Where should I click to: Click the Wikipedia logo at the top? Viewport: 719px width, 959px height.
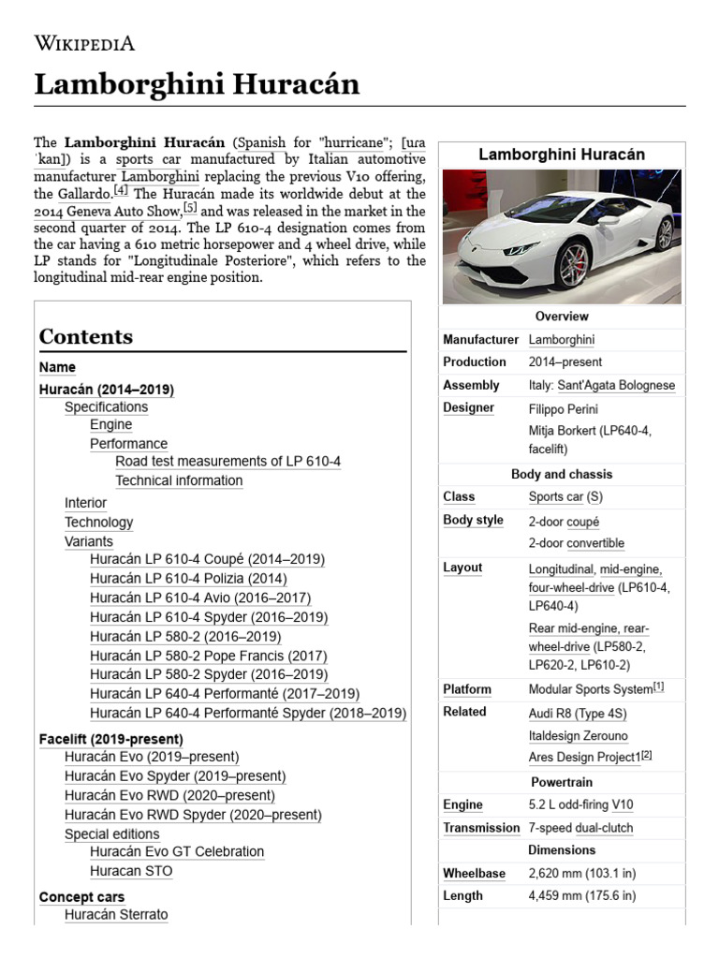(x=84, y=42)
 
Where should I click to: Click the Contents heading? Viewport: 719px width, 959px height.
(x=86, y=336)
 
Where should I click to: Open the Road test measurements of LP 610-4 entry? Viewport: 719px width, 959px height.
(x=227, y=461)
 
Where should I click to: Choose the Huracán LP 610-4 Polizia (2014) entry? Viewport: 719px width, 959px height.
(x=188, y=579)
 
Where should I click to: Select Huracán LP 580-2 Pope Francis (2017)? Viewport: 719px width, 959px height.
(x=208, y=656)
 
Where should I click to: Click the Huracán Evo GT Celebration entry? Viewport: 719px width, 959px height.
(x=177, y=851)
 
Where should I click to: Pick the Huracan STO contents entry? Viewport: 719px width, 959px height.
(x=131, y=871)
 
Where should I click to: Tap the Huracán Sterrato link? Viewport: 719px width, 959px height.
(x=116, y=914)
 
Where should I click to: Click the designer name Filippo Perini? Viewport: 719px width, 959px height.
(x=563, y=409)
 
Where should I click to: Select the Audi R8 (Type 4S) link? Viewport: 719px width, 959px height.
(x=578, y=713)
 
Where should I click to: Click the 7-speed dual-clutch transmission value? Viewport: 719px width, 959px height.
(x=580, y=828)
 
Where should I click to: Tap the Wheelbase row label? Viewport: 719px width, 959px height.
(x=474, y=873)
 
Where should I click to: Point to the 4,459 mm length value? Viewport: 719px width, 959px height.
(x=582, y=895)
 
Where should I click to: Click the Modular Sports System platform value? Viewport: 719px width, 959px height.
(x=590, y=689)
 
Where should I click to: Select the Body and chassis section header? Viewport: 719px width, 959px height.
(x=562, y=474)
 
